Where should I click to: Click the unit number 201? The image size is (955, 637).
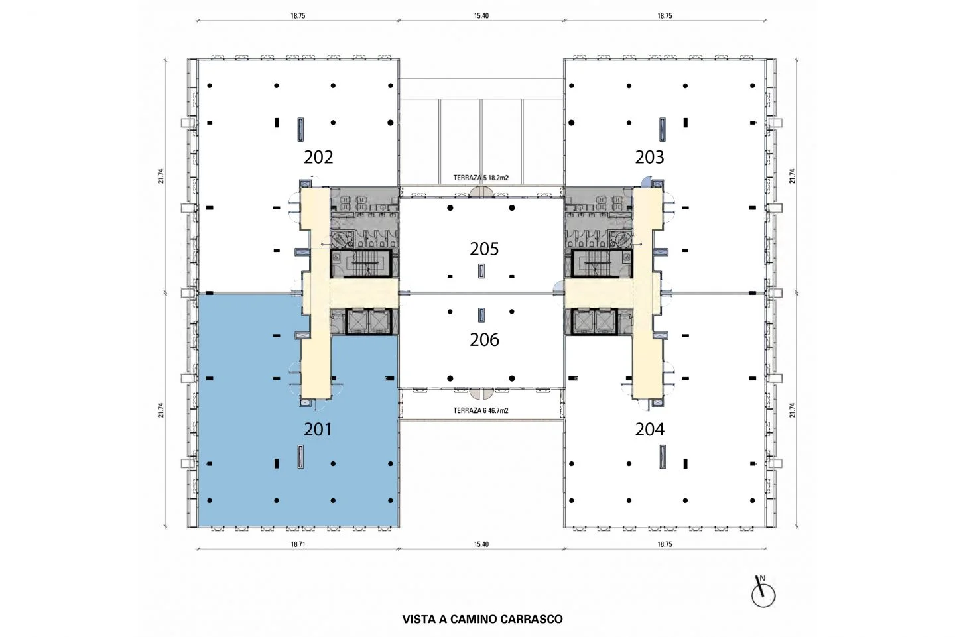[x=318, y=430]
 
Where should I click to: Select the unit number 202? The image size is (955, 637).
[x=318, y=157]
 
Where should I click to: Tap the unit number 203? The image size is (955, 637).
[x=649, y=157]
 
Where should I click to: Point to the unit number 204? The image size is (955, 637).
[x=649, y=430]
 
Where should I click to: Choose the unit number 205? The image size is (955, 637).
[x=484, y=249]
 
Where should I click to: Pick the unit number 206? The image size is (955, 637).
[x=484, y=340]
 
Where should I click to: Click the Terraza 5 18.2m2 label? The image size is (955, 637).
[x=480, y=178]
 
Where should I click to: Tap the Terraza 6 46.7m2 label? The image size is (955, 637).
[x=480, y=411]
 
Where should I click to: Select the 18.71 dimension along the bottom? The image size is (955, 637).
[x=298, y=544]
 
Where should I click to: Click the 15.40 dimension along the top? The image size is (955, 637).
[x=481, y=16]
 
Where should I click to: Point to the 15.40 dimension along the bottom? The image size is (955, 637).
[x=481, y=544]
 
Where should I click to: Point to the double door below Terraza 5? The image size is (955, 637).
[x=481, y=192]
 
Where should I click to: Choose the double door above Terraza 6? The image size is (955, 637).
[x=481, y=393]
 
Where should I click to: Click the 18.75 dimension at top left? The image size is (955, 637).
[x=298, y=16]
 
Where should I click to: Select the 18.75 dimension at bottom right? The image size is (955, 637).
[x=665, y=544]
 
